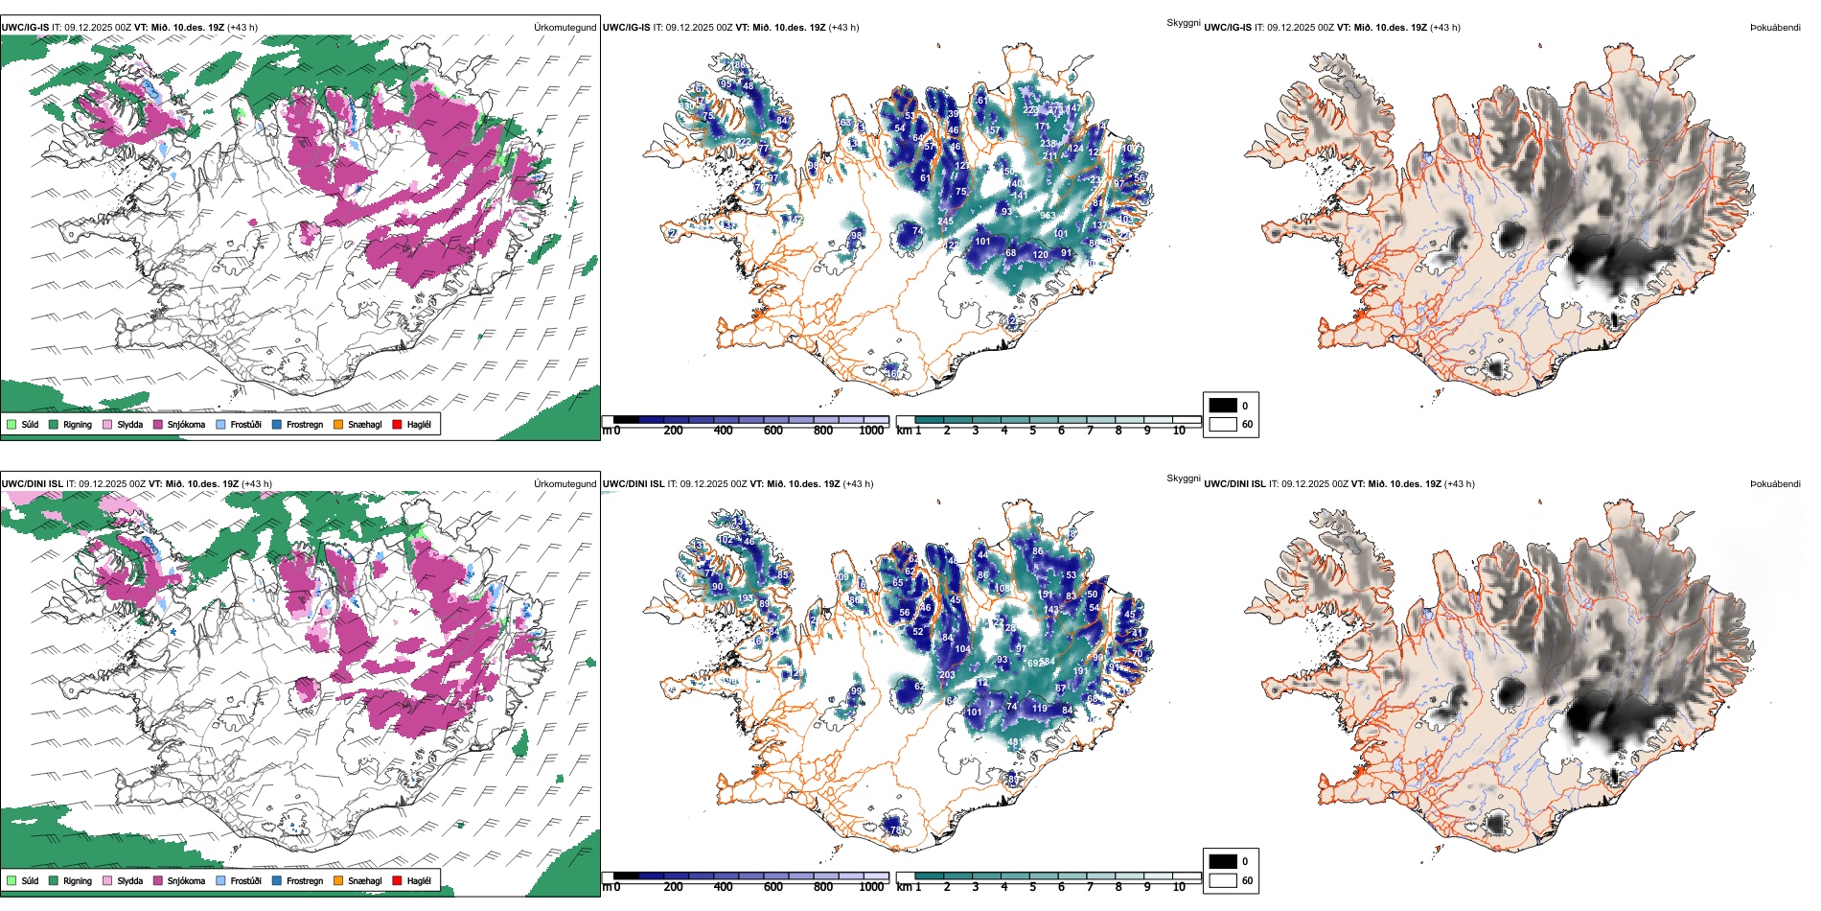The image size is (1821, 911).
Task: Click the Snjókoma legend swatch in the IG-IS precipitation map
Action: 158,424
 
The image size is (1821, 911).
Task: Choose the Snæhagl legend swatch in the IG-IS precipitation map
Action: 338,424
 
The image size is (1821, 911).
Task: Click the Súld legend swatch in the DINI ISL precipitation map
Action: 12,880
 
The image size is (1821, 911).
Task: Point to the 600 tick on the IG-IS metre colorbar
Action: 773,431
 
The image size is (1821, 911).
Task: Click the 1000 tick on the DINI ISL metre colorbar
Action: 871,887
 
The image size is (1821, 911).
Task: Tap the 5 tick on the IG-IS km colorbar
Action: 1032,431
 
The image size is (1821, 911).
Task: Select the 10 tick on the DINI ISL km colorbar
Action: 1179,887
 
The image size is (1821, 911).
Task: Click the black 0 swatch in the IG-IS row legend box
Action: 1223,406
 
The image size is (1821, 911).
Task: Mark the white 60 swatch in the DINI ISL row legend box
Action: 1223,880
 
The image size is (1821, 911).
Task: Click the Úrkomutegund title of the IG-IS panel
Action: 565,28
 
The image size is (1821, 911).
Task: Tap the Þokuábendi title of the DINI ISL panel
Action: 1775,484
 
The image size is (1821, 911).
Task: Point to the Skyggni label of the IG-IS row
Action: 1183,23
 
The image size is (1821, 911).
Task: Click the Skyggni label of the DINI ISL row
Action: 1183,479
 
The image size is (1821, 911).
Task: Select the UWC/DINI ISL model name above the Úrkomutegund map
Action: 32,484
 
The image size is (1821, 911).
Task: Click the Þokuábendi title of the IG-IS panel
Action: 1775,28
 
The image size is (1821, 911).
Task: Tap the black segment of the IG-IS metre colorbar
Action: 626,420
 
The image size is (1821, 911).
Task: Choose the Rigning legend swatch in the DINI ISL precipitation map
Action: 54,880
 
